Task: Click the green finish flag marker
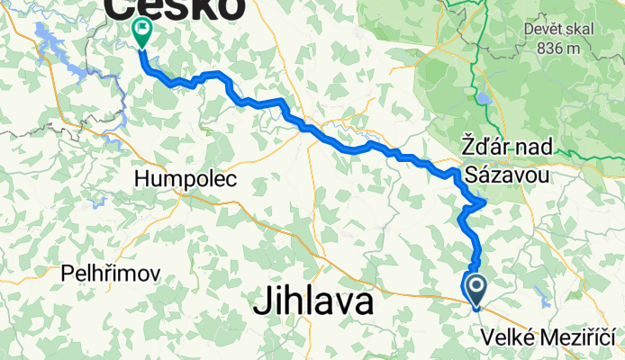(142, 31)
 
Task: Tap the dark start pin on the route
(474, 288)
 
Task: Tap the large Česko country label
(176, 9)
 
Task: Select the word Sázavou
(508, 173)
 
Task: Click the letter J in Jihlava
(260, 303)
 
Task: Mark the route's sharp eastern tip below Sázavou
(485, 202)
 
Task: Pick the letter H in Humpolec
(141, 180)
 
